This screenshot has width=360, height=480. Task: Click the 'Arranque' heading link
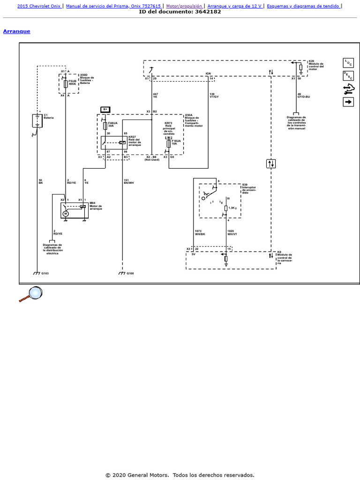click(x=16, y=31)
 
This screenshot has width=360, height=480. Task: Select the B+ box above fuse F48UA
click(x=105, y=109)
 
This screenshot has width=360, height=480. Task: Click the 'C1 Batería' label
click(x=49, y=116)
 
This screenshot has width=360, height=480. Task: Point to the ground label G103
click(x=45, y=273)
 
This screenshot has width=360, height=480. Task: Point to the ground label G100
click(x=130, y=273)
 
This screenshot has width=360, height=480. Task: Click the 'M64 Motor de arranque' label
click(x=96, y=206)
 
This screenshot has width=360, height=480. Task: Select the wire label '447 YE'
click(x=156, y=95)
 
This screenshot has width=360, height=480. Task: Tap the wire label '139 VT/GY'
click(x=214, y=95)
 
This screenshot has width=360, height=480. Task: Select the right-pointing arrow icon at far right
click(x=348, y=101)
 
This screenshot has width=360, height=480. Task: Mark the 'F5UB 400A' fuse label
click(x=72, y=82)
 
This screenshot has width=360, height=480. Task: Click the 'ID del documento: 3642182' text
click(x=180, y=12)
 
